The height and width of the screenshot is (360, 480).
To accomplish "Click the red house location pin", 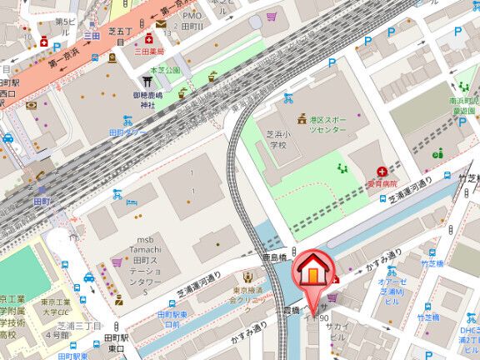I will click(313, 272).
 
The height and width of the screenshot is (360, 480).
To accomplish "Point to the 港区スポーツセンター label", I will click(327, 125).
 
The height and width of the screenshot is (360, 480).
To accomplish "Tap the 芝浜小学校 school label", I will click(277, 139).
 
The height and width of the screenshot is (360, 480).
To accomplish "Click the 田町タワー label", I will click(127, 132).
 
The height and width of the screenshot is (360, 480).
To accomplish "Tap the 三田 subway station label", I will click(91, 35).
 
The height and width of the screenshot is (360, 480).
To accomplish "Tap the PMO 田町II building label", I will click(193, 21).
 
